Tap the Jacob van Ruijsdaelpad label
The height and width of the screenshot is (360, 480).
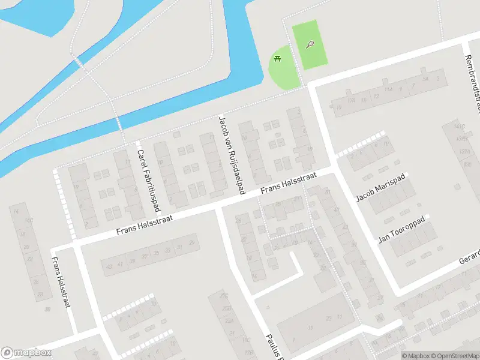(x=232, y=154)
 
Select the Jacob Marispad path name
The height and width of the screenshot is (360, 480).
(x=381, y=187)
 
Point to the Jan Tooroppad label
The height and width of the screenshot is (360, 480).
(x=401, y=230)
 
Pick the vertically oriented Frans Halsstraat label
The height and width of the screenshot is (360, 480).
(x=61, y=282)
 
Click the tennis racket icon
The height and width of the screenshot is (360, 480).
(x=310, y=44)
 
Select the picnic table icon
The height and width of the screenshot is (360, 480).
(x=277, y=58)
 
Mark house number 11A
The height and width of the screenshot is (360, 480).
(x=389, y=90)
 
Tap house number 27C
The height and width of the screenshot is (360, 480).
(x=224, y=296)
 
